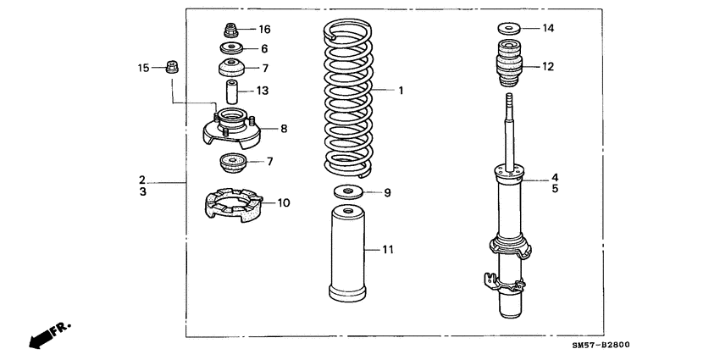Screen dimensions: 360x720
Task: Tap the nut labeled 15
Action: coord(169,65)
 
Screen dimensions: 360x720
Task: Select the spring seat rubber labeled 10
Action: coord(235,204)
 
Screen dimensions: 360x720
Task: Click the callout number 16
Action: coord(265,29)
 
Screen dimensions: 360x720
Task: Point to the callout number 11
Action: coord(387,249)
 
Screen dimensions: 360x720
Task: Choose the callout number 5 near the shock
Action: coord(555,190)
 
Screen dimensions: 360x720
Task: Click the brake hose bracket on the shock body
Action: coord(489,277)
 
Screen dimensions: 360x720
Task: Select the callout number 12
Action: coord(548,66)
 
